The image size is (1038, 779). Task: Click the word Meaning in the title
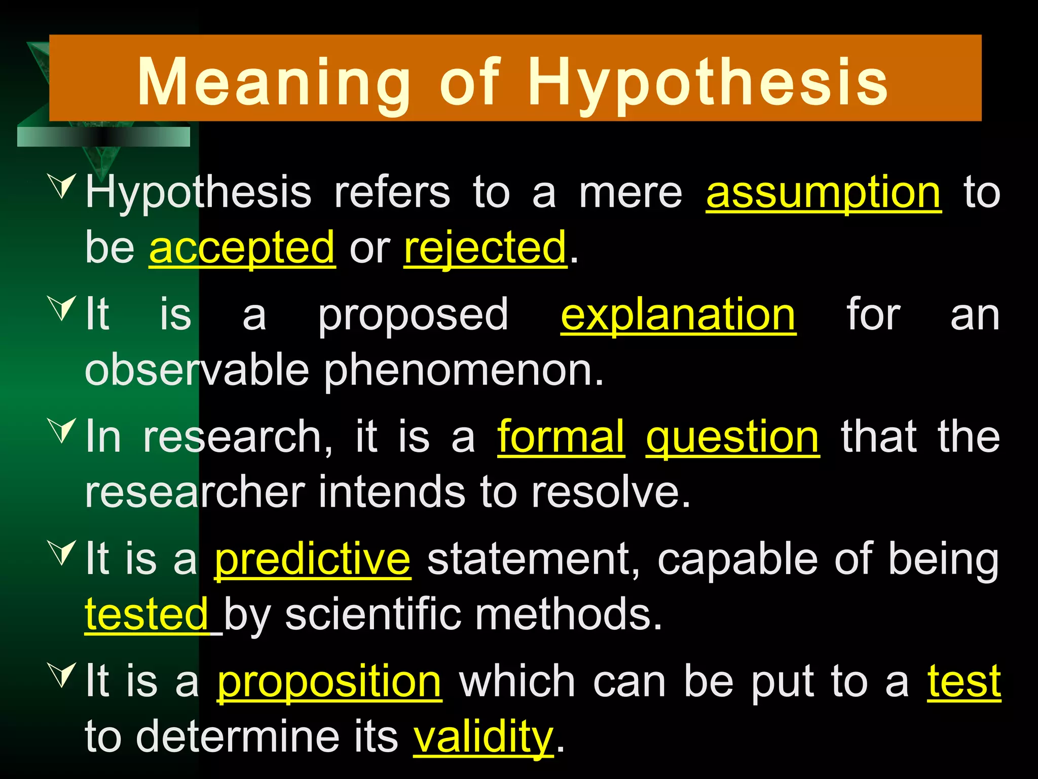click(x=274, y=82)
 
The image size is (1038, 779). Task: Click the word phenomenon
click(x=464, y=370)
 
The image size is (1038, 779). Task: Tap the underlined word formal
click(x=561, y=437)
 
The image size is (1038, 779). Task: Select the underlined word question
click(x=732, y=438)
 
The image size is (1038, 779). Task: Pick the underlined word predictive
click(x=312, y=559)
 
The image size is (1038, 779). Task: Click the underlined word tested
click(x=146, y=614)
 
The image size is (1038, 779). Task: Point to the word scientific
click(x=373, y=614)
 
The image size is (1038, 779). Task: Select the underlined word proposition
click(x=329, y=682)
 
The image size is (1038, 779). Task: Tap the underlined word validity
click(x=483, y=737)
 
